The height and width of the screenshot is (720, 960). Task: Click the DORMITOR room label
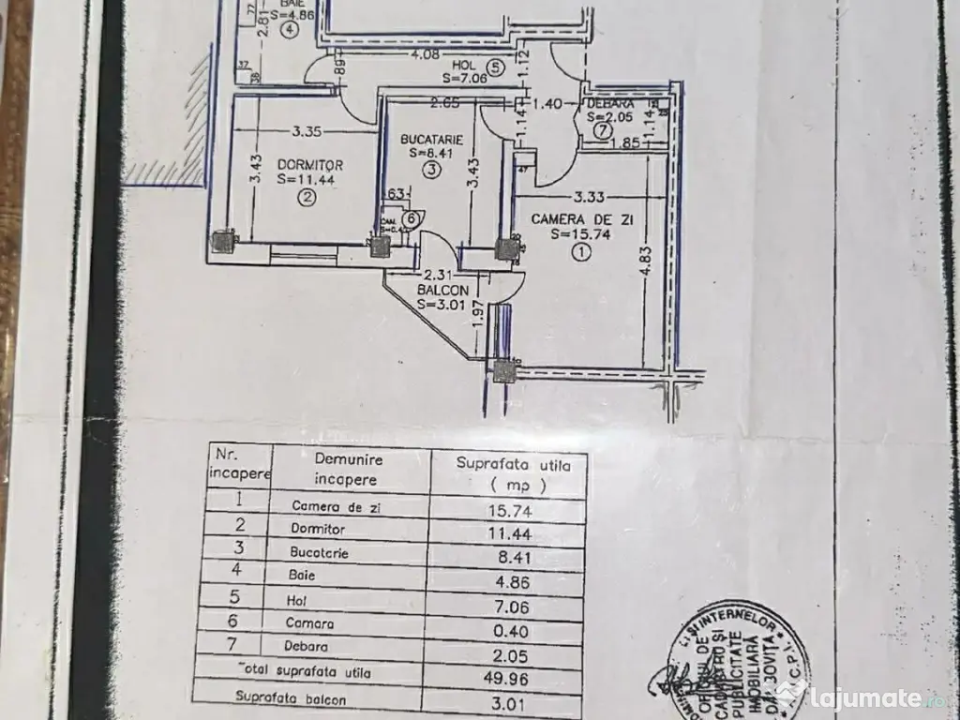coord(310,164)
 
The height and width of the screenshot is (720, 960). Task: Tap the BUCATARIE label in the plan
coord(430,139)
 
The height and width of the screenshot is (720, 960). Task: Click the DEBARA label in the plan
coord(610,102)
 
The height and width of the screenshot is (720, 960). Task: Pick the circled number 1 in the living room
coord(584,251)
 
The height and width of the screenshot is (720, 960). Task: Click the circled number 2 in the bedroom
coord(306,197)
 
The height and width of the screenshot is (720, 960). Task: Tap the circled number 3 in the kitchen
coord(430,170)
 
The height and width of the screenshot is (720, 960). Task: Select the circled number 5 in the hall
coord(497,67)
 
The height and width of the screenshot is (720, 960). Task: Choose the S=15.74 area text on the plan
coord(582,234)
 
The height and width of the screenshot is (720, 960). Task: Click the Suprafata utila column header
coord(508,472)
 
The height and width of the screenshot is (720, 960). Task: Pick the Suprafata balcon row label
coord(290,698)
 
